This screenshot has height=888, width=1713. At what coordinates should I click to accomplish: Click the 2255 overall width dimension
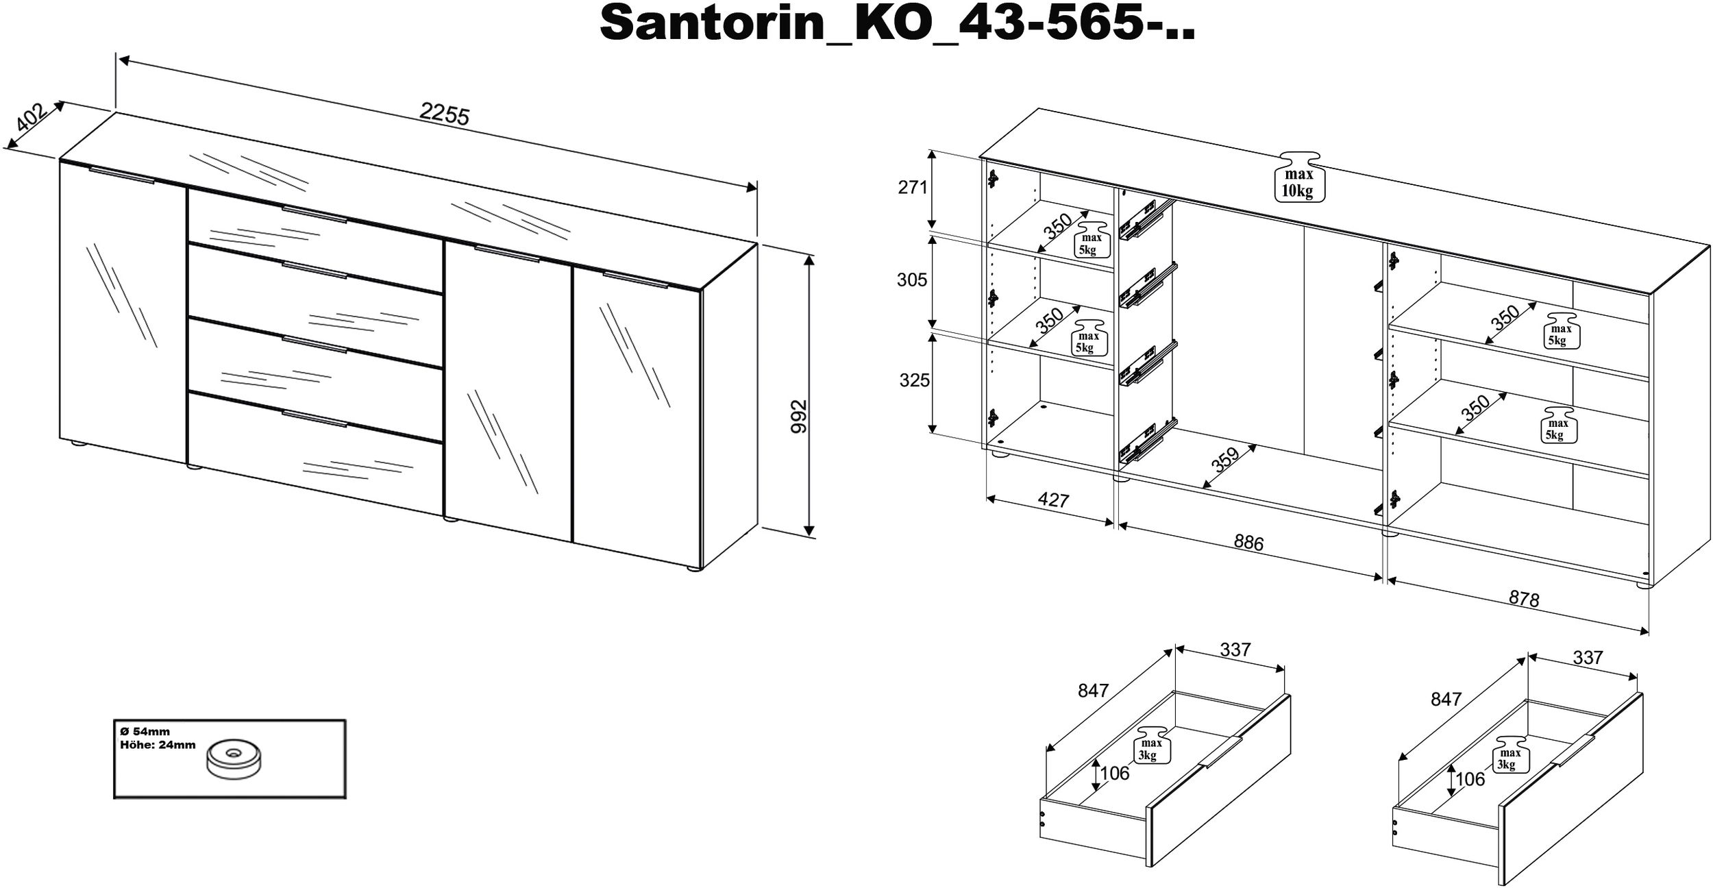445,114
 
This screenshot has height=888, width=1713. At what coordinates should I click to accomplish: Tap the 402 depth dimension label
32,117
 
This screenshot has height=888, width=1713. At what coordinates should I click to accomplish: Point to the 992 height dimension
799,416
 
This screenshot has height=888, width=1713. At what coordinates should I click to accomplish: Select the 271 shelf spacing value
913,187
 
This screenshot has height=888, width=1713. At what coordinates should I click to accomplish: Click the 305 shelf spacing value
912,280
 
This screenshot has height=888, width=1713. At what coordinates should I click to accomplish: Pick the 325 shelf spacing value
914,380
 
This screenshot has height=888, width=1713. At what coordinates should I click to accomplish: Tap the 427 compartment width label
1053,500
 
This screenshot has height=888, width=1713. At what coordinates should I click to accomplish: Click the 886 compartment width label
1248,543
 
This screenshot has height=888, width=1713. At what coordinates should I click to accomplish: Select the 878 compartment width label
1524,600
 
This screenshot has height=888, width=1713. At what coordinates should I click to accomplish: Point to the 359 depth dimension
1226,460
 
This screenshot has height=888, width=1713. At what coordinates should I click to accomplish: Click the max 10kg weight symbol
1298,177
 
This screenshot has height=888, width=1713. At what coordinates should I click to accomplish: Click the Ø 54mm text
145,732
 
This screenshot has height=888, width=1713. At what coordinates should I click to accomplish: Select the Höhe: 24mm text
158,745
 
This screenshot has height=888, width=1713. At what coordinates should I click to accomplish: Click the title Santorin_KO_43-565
898,23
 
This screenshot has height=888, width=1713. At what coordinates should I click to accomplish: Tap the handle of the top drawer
315,213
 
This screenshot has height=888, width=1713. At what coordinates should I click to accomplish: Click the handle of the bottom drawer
315,419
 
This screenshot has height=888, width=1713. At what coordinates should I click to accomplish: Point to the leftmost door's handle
122,175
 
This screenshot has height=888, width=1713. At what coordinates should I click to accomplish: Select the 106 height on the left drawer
1114,773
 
